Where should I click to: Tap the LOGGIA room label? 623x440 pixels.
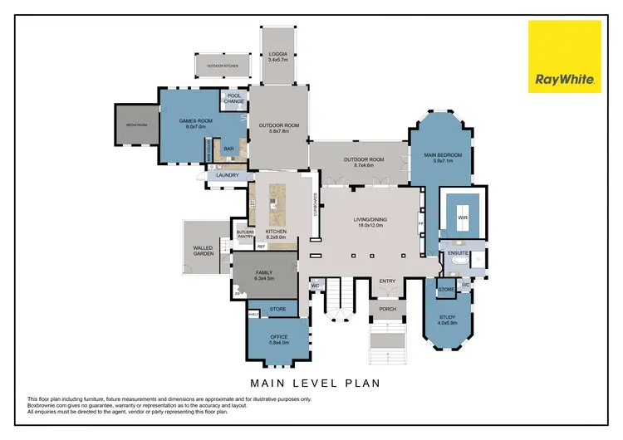(277, 53)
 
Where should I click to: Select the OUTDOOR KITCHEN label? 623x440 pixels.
(220, 64)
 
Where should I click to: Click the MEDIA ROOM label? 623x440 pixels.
(135, 125)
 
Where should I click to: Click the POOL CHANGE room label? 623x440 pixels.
(233, 98)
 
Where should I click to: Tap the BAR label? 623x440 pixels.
(228, 149)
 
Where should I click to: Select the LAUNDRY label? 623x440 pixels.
(227, 175)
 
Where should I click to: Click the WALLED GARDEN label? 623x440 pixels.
(204, 250)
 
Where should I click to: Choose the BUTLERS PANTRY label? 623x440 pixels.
(245, 235)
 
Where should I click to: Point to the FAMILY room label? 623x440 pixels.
(264, 272)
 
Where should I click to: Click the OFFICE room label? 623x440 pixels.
(278, 338)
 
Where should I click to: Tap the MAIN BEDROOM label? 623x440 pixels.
(441, 154)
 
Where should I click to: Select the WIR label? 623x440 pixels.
(463, 219)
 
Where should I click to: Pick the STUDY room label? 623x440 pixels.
(448, 316)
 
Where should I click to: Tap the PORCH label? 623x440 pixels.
(388, 309)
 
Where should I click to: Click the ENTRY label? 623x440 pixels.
(388, 281)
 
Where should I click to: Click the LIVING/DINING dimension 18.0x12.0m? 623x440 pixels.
(370, 225)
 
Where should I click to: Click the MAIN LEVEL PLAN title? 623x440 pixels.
(316, 383)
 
